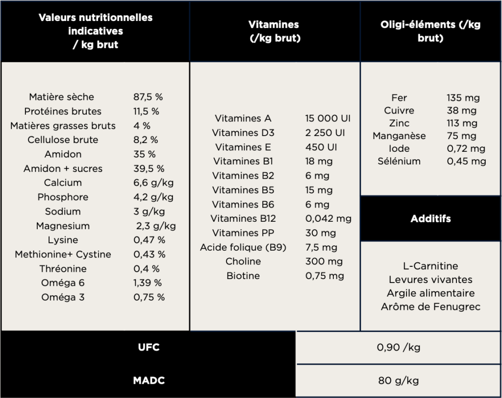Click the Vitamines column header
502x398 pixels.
tap(274, 31)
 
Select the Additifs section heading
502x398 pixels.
tap(430, 218)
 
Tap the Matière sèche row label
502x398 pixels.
tap(61, 97)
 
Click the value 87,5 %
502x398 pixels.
tap(148, 97)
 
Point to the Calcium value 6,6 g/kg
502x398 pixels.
tap(153, 183)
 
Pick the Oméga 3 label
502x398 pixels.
tap(63, 297)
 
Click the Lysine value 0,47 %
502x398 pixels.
tap(149, 240)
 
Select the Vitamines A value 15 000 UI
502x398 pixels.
tap(327, 118)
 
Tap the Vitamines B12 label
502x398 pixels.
tap(243, 218)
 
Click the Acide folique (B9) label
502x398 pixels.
tap(243, 247)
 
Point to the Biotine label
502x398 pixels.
tap(243, 276)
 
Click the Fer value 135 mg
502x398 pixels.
tap(463, 98)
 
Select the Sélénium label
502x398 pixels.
tap(399, 161)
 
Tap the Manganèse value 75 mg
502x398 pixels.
tap(461, 136)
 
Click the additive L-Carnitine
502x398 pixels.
tap(430, 266)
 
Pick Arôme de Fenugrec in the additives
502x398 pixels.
tap(430, 307)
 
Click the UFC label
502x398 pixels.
tap(148, 348)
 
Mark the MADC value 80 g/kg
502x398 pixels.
tap(398, 380)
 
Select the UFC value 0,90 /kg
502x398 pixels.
tap(398, 348)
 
